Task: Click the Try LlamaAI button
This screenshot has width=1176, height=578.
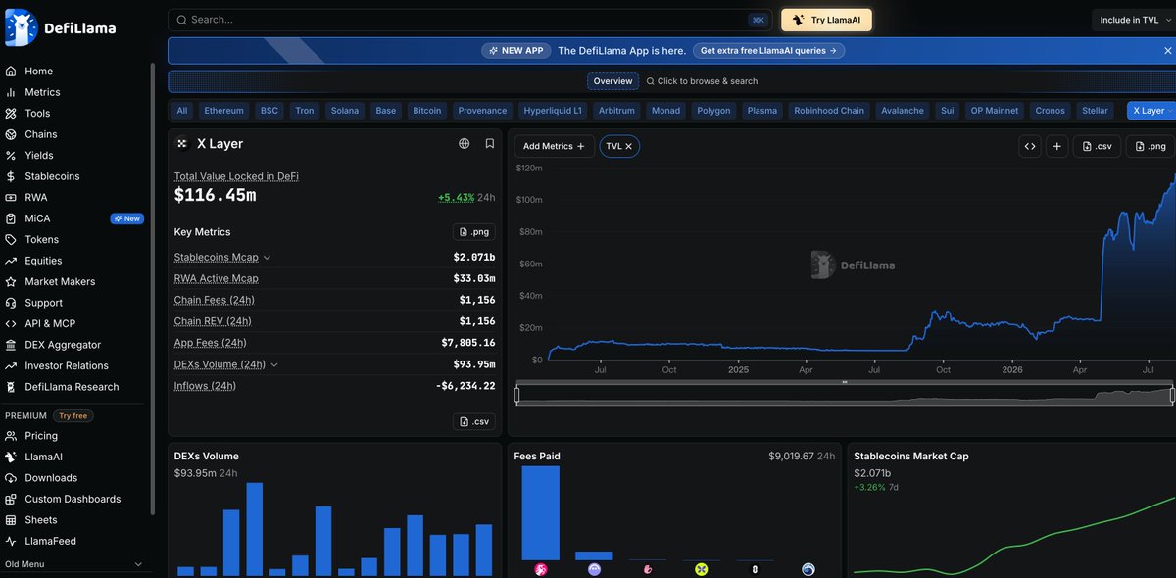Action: click(826, 20)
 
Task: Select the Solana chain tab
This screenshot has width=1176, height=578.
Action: click(344, 111)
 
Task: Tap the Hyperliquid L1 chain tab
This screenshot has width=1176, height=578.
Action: click(553, 111)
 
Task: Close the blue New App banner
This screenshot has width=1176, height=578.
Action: click(1167, 51)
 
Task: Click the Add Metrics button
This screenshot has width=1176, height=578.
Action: click(554, 147)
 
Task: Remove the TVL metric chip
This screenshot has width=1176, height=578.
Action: click(628, 147)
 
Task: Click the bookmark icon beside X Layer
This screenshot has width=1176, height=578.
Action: click(489, 143)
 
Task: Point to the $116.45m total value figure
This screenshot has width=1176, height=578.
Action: click(216, 195)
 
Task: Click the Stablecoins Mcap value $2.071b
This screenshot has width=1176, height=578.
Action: click(474, 258)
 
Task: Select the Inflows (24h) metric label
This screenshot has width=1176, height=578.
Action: click(205, 386)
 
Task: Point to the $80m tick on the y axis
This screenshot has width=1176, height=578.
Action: click(531, 232)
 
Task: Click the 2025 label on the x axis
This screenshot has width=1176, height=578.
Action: click(738, 370)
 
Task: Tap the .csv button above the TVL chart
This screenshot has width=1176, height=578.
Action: click(1098, 147)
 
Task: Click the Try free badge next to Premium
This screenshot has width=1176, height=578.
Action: click(73, 415)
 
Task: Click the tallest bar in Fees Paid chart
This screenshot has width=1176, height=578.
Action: click(540, 513)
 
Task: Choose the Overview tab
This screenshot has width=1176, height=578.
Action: click(612, 81)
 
